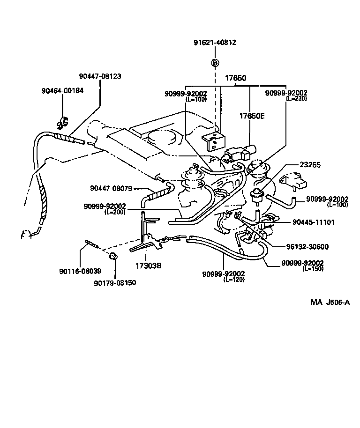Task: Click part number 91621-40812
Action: pyautogui.click(x=215, y=43)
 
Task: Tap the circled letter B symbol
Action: pyautogui.click(x=215, y=63)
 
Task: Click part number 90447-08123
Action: pyautogui.click(x=100, y=76)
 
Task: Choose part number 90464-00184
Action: pyautogui.click(x=62, y=90)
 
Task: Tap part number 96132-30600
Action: pyautogui.click(x=307, y=247)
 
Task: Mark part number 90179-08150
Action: pyautogui.click(x=115, y=283)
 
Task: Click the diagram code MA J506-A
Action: pyautogui.click(x=330, y=302)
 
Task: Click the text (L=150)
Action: pyautogui.click(x=313, y=269)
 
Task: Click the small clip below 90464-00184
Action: pyautogui.click(x=62, y=123)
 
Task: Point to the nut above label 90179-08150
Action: pyautogui.click(x=113, y=256)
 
